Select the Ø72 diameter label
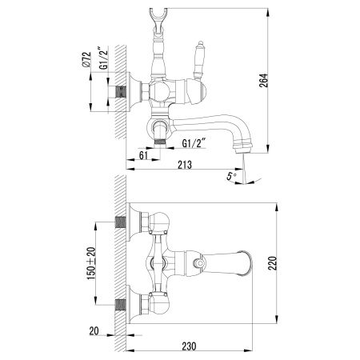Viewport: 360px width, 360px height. (x=90, y=60)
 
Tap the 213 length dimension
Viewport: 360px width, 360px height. (x=186, y=166)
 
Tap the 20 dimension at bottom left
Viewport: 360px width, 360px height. (x=94, y=330)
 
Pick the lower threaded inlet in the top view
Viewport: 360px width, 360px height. (x=122, y=304)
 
